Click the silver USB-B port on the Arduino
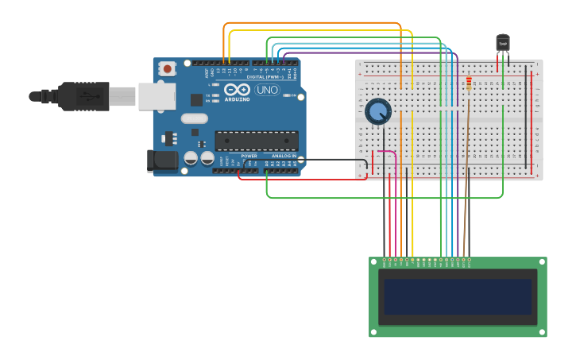click(157, 96)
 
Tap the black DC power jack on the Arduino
click(163, 161)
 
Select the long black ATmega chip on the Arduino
click(257, 141)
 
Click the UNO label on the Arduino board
click(267, 90)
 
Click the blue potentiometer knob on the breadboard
click(378, 110)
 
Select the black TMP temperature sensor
click(502, 44)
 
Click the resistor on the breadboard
click(468, 83)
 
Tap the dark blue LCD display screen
click(457, 296)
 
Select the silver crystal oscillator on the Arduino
click(194, 118)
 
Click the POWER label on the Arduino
click(249, 156)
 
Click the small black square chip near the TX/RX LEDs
click(196, 99)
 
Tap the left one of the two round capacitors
click(191, 158)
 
